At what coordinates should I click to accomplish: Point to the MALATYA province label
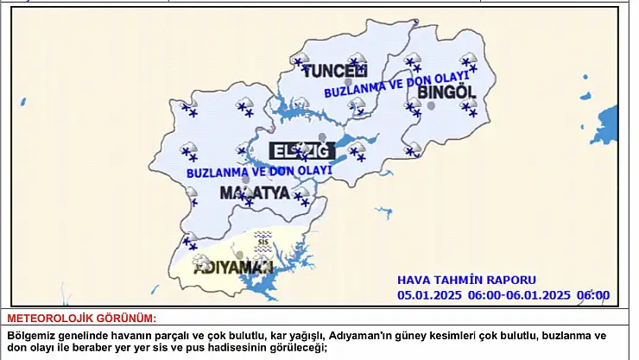[x=254, y=192]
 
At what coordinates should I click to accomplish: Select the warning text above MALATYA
[x=259, y=171]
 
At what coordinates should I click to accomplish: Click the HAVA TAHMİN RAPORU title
[x=466, y=280]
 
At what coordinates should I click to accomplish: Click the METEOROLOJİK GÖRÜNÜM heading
[x=82, y=319]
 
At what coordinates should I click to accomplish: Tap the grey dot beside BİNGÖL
[x=431, y=106]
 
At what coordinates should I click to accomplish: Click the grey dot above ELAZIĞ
[x=322, y=138]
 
